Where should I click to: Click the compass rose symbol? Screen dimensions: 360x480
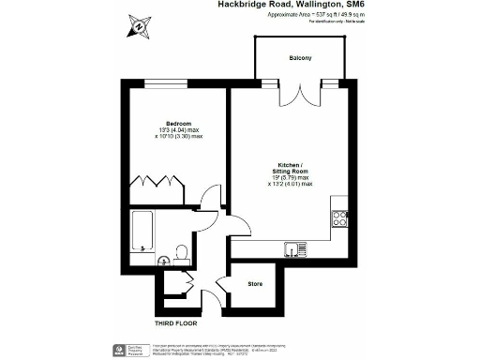click(139, 27)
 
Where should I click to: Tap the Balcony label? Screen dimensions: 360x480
click(300, 59)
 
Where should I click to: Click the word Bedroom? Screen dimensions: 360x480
click(179, 124)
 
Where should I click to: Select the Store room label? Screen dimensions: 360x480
click(255, 283)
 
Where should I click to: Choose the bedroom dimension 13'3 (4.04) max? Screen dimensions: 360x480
click(179, 130)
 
